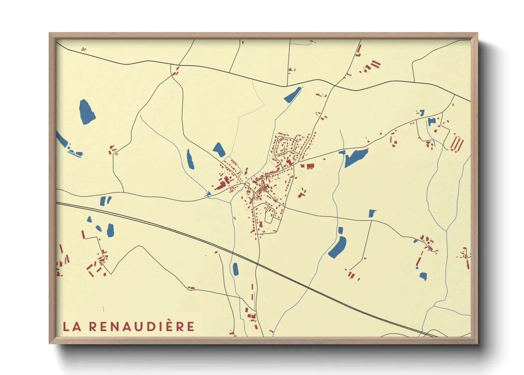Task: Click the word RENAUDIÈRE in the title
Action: pos(142,326)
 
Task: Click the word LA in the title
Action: pos(72,326)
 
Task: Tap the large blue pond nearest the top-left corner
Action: pos(87,112)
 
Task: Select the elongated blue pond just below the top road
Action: pos(292,95)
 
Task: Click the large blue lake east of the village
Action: pos(356,157)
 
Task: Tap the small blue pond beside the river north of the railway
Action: pos(235,269)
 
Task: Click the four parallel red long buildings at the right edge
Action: pos(457,144)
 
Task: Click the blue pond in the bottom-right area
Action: pos(423,276)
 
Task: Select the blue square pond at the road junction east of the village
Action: pos(371,213)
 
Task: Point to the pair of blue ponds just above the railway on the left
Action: pos(106,201)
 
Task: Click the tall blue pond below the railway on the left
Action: pos(110,231)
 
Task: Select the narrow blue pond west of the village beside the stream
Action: pos(190,159)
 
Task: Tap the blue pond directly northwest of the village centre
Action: pos(219,150)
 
